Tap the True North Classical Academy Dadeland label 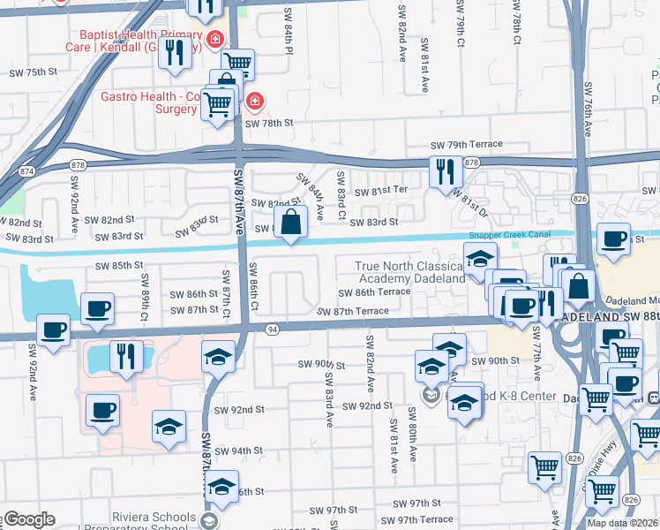coord(409,272)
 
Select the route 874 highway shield coord(27,170)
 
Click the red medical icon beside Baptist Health coord(214,39)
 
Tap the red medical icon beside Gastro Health coord(254,102)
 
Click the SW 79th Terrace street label coord(466,144)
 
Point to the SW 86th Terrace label coord(375,291)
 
